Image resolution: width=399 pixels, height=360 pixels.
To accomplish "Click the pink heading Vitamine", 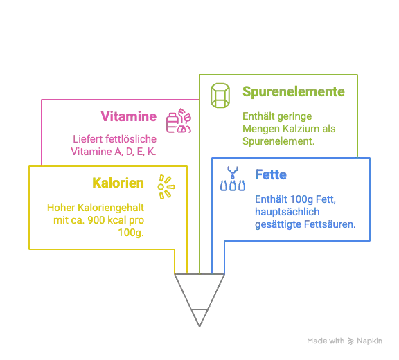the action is [x=129, y=116].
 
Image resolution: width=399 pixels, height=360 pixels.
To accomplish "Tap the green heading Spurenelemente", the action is [x=294, y=92].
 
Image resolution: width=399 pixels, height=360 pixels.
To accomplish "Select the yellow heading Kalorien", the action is [x=118, y=183].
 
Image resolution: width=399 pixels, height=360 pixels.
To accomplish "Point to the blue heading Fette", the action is [x=271, y=174].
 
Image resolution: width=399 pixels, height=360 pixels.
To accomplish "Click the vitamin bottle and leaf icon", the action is [x=179, y=120].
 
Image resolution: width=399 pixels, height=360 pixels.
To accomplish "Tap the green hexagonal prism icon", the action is [x=220, y=96].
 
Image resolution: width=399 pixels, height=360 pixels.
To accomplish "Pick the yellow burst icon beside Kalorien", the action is [x=166, y=187].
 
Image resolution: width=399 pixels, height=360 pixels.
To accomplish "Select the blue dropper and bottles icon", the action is [x=233, y=179].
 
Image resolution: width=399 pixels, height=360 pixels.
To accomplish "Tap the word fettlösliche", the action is [x=131, y=139].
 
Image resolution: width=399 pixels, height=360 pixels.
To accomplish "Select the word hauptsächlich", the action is [x=287, y=212].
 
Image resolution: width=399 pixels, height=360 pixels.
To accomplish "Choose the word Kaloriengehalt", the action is [x=111, y=208].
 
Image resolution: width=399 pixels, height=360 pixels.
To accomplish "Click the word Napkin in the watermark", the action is [x=369, y=341].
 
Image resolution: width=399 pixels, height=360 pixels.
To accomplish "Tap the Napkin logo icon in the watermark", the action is [x=351, y=341].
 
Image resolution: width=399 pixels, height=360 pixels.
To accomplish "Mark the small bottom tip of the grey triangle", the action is [x=199, y=327].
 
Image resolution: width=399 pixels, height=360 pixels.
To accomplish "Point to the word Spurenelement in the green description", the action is [x=278, y=141].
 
